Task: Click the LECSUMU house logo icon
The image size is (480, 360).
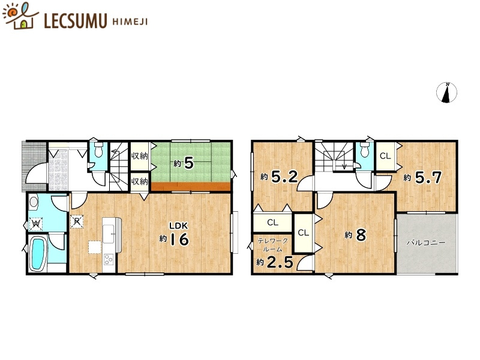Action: [x=20, y=16]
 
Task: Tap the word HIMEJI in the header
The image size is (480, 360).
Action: [x=128, y=20]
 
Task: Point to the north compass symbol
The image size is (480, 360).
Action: [x=447, y=92]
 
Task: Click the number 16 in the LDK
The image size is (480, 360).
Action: [x=179, y=239]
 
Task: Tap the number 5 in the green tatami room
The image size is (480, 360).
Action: [x=188, y=163]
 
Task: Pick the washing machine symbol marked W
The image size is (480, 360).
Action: [x=35, y=224]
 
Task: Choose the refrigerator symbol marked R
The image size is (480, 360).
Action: [x=77, y=221]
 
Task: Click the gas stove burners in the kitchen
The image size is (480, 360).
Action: [x=109, y=259]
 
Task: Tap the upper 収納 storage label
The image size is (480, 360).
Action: [x=140, y=156]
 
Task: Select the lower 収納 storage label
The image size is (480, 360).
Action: [x=140, y=181]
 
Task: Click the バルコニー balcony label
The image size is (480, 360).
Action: [x=425, y=243]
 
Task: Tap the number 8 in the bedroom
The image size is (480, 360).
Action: [x=361, y=235]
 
